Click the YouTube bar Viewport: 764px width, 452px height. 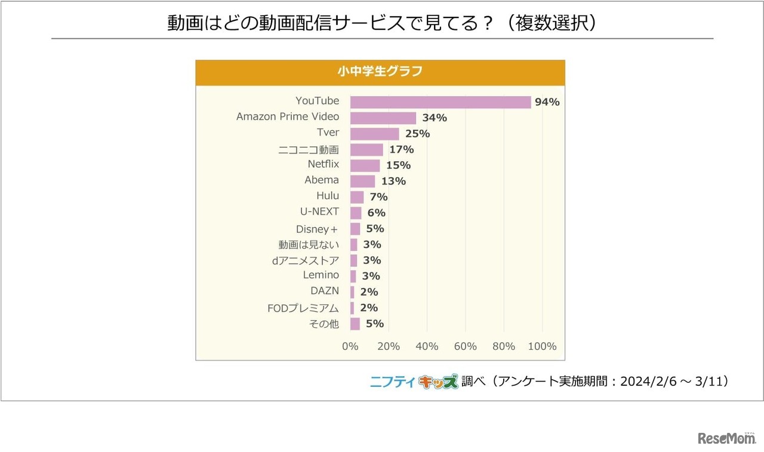[x=440, y=102]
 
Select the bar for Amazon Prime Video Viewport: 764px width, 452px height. [x=383, y=118]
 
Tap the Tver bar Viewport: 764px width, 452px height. [x=374, y=134]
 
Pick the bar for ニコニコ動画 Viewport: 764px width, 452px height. [x=366, y=149]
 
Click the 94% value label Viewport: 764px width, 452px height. [x=547, y=102]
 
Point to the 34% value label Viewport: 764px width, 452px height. [x=435, y=118]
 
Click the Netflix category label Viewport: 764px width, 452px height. [x=323, y=164]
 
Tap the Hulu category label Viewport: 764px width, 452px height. [x=328, y=195]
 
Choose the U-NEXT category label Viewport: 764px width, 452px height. [x=319, y=211]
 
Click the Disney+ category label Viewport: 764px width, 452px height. [x=318, y=229]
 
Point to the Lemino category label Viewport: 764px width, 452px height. [x=321, y=275]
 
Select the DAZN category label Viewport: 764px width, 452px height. [x=325, y=291]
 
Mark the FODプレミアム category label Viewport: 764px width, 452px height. [x=303, y=308]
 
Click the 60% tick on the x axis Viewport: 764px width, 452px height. [x=466, y=346]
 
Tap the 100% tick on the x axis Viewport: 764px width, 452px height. [x=543, y=346]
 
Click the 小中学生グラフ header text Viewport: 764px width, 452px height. [x=380, y=72]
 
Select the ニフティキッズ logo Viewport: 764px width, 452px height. [x=414, y=382]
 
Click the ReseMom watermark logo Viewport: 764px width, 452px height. [x=726, y=439]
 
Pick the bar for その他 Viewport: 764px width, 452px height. [x=355, y=324]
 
